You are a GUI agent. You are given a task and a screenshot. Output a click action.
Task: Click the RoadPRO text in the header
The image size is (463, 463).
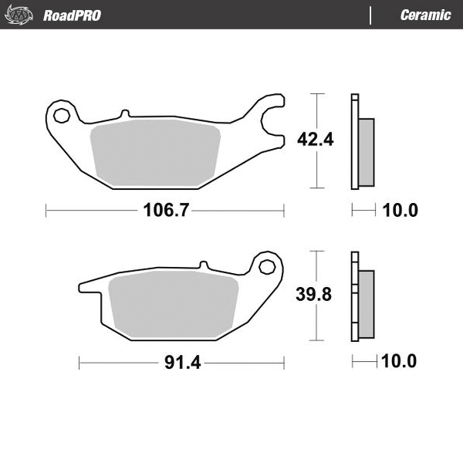click(x=72, y=15)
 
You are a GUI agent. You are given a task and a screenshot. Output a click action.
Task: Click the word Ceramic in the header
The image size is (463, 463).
click(x=425, y=15)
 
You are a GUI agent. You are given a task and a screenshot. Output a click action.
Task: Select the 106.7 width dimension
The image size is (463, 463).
click(x=165, y=209)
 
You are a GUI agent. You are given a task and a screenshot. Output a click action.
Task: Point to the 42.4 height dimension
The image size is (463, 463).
click(x=314, y=140)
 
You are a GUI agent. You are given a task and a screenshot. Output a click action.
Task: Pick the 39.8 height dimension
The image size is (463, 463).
click(x=314, y=295)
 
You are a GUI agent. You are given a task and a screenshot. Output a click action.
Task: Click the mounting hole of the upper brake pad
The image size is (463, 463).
click(x=63, y=116)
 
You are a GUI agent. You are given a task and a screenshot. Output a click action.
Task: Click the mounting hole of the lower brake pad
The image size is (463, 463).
click(x=267, y=266)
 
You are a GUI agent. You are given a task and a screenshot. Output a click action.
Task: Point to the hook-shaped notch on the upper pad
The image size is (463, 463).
click(x=270, y=120)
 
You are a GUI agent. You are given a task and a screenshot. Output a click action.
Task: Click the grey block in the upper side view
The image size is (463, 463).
click(x=367, y=151)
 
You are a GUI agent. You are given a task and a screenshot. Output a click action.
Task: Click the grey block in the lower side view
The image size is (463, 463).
click(x=367, y=303)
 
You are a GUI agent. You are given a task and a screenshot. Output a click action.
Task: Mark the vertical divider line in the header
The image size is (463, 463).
click(x=371, y=15)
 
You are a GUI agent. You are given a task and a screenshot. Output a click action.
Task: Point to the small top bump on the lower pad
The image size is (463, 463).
click(x=203, y=266)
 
